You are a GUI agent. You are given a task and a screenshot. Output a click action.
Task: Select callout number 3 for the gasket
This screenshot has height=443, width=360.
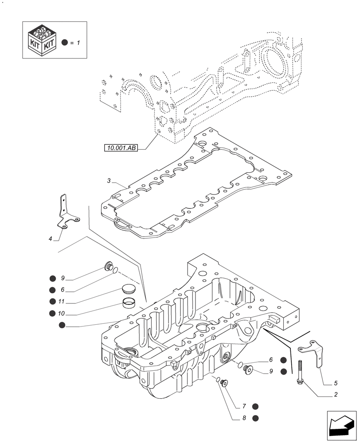tap(109, 181)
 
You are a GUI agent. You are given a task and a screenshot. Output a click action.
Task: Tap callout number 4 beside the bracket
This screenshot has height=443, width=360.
tap(51, 239)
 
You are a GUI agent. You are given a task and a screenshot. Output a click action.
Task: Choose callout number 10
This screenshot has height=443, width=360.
tap(62, 313)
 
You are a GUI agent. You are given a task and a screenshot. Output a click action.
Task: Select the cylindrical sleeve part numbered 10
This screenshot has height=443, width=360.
tap(129, 304)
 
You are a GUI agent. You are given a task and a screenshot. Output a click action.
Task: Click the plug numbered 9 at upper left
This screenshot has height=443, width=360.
tap(107, 266)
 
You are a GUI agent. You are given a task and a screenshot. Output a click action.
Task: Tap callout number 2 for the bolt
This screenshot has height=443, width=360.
tap(336, 395)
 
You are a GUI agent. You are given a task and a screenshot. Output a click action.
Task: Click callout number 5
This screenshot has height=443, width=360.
tap(336, 383)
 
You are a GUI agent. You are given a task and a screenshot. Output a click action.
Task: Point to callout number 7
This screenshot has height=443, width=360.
tap(243, 406)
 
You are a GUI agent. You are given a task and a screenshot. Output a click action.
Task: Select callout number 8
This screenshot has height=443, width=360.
tap(243, 418)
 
